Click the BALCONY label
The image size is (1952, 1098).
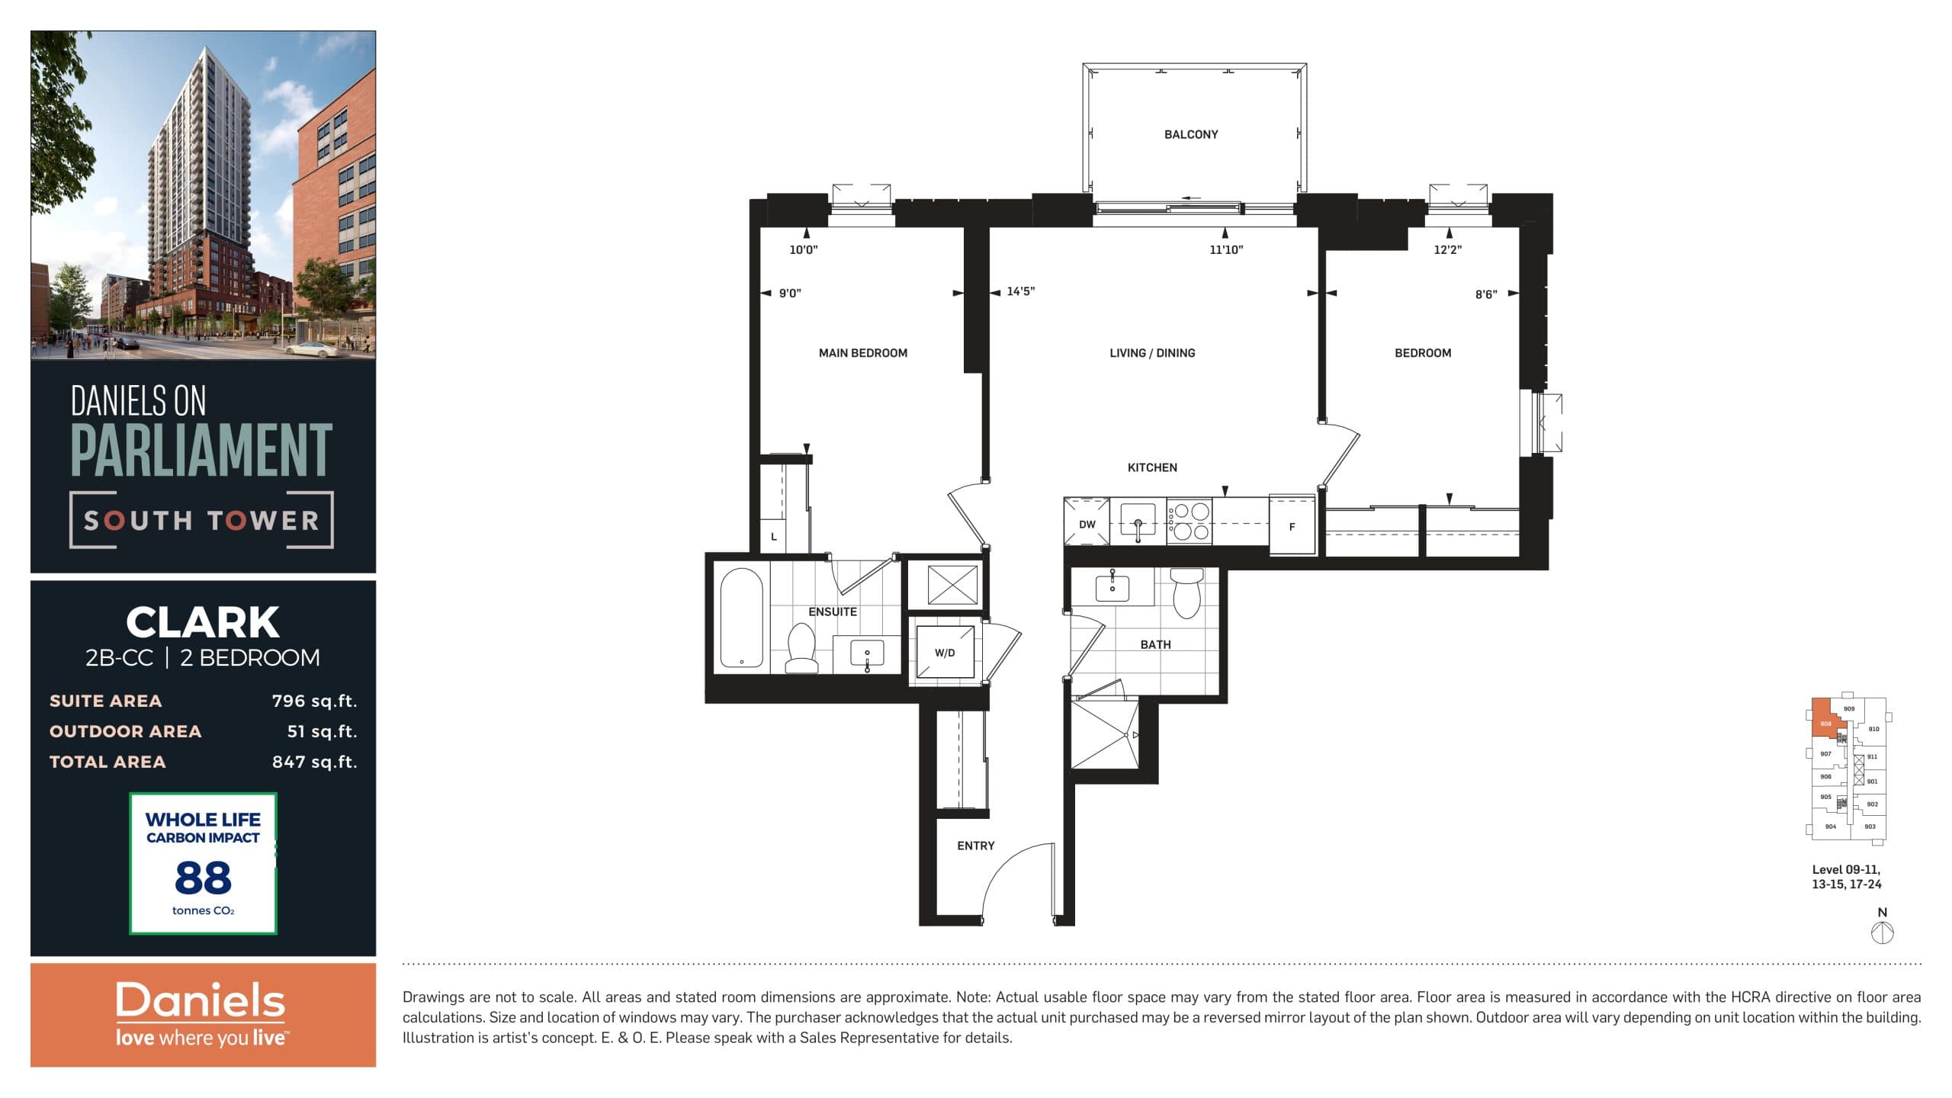coord(1190,134)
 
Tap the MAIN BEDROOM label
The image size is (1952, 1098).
coord(862,353)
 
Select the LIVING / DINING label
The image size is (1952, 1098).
coord(1151,353)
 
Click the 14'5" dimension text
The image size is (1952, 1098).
coord(1020,291)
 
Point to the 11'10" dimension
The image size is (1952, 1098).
coord(1225,249)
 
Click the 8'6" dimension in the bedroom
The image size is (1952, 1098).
coord(1485,294)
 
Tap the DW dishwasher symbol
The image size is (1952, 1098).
coord(1087,524)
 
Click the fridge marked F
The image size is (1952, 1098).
coord(1292,526)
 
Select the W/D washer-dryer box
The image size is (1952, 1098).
coord(945,652)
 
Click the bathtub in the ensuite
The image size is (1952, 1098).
coord(741,618)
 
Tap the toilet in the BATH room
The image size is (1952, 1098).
coord(1186,592)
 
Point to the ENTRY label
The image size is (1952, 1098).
coord(975,846)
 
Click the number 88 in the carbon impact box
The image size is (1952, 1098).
coord(203,878)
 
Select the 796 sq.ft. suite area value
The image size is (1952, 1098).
coord(314,701)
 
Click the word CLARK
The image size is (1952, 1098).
coord(203,622)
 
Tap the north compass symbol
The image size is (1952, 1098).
coord(1882,932)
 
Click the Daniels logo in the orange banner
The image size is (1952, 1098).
coord(201,1001)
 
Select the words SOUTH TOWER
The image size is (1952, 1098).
coord(201,521)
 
